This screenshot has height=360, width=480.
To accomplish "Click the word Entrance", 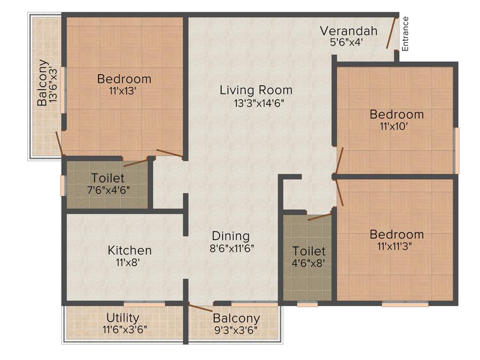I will (x=405, y=34).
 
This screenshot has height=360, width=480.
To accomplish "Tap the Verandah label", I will (x=348, y=31).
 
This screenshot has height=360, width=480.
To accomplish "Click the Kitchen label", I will (x=129, y=250).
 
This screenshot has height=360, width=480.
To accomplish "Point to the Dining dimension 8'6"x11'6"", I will (x=231, y=248).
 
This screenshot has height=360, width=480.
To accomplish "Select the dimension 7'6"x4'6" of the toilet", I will (x=108, y=190).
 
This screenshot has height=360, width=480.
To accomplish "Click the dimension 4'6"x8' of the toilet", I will (x=308, y=263).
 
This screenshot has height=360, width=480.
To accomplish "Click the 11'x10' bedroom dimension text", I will (x=397, y=126).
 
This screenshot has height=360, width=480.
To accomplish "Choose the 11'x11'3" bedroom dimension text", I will (x=397, y=246).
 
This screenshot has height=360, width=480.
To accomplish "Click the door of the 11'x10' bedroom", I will (x=339, y=160).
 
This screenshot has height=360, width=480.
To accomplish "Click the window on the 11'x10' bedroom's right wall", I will (x=457, y=150).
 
